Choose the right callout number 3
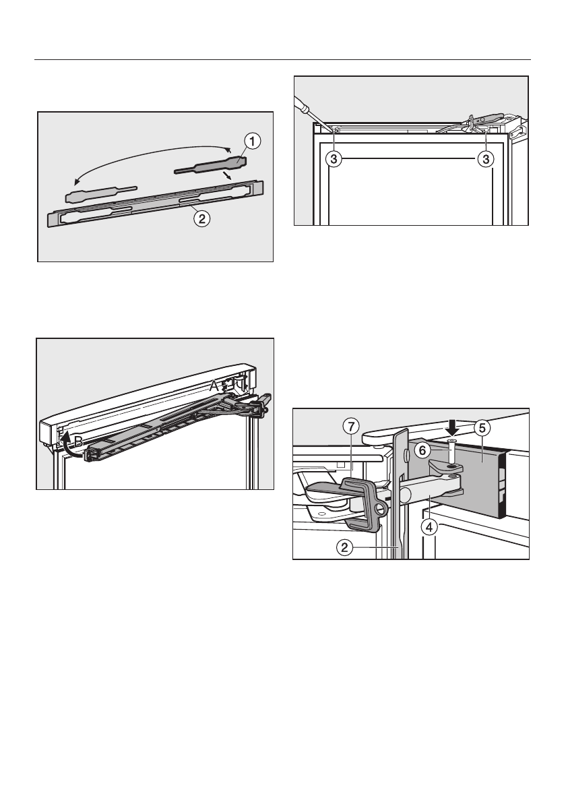[x=484, y=160]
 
